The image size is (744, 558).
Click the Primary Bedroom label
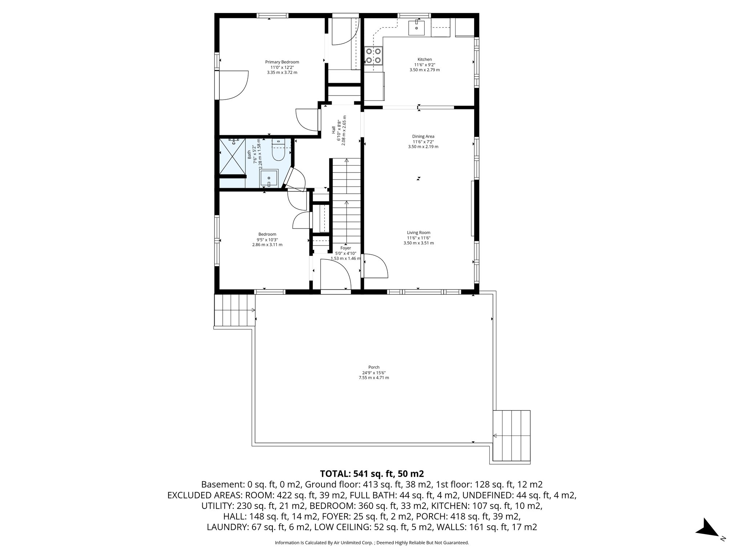282,62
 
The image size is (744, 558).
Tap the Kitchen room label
424,60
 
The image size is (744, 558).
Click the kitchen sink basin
416,28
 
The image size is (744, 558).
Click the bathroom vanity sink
269,178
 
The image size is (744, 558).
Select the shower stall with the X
232,157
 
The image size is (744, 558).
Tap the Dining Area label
423,137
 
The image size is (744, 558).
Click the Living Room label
418,233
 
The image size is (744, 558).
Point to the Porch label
373,367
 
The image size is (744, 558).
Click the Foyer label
345,248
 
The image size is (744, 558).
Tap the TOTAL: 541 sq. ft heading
372,474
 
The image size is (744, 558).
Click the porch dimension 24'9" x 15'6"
373,373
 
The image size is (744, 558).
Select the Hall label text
333,130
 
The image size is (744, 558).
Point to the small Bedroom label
267,234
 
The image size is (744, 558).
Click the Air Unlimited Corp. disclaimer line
372,543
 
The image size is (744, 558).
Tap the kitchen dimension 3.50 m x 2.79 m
424,70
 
